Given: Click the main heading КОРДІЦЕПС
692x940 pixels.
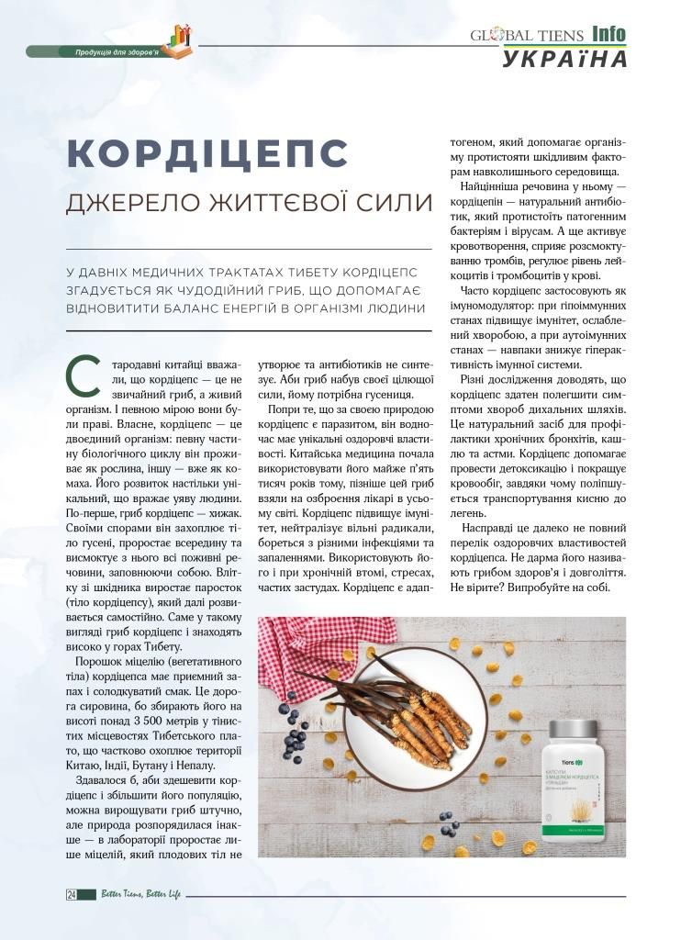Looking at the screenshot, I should (206, 151).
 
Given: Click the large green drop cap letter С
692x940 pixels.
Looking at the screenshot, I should (77, 372).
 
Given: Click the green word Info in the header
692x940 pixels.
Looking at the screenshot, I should (608, 33).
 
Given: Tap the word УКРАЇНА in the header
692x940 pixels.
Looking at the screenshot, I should (565, 59).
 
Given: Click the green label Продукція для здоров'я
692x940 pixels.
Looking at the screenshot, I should (117, 52).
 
